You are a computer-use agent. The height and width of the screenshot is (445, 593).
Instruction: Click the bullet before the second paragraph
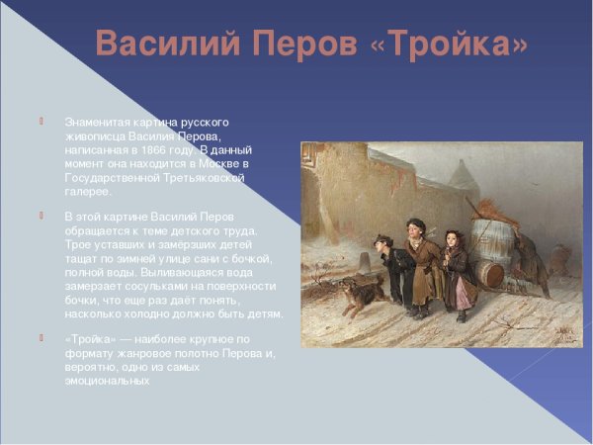(x=42, y=216)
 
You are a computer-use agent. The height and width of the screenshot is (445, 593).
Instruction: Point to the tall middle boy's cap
(x=416, y=224)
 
